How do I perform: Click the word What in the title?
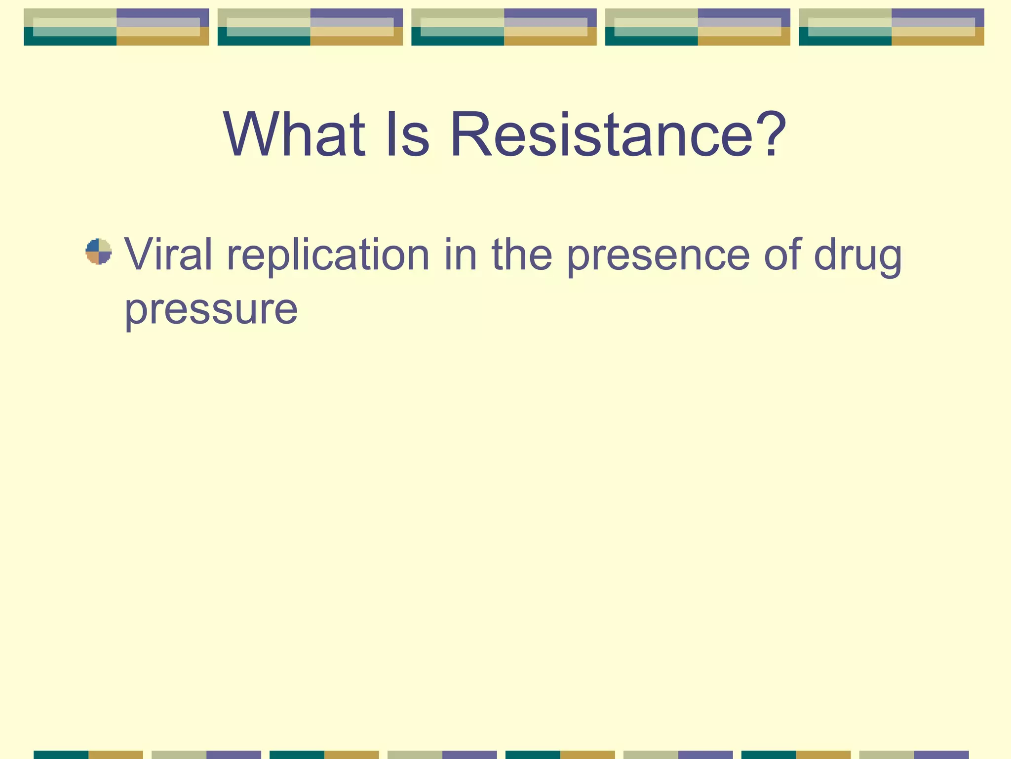coord(294,134)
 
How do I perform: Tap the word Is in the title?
coord(408,134)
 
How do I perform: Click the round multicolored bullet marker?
coord(99,252)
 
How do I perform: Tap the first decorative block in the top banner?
coord(117,27)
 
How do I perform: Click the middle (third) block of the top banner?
coord(504,27)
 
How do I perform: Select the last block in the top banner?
coord(892,27)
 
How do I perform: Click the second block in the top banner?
coord(310,27)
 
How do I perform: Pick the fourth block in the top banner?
coord(698,27)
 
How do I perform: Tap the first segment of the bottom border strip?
coord(88,755)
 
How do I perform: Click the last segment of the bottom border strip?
coord(914,755)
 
